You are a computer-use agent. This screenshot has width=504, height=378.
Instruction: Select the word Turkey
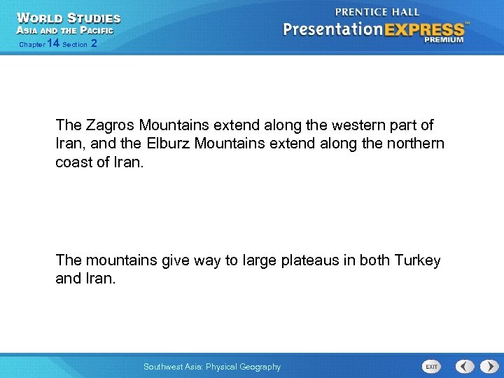click(418, 260)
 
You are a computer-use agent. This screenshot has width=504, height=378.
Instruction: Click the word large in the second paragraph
click(261, 260)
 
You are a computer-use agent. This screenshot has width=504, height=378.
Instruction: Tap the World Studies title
click(68, 17)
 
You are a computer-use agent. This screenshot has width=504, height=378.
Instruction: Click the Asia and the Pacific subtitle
click(64, 30)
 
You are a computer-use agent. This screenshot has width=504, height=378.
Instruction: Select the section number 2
click(94, 44)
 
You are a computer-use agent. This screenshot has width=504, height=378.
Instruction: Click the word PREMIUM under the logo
click(443, 40)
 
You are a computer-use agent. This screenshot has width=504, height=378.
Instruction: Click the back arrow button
click(465, 366)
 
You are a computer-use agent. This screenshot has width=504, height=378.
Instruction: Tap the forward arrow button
click(486, 366)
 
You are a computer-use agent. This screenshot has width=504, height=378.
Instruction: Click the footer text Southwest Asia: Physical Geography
click(211, 367)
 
